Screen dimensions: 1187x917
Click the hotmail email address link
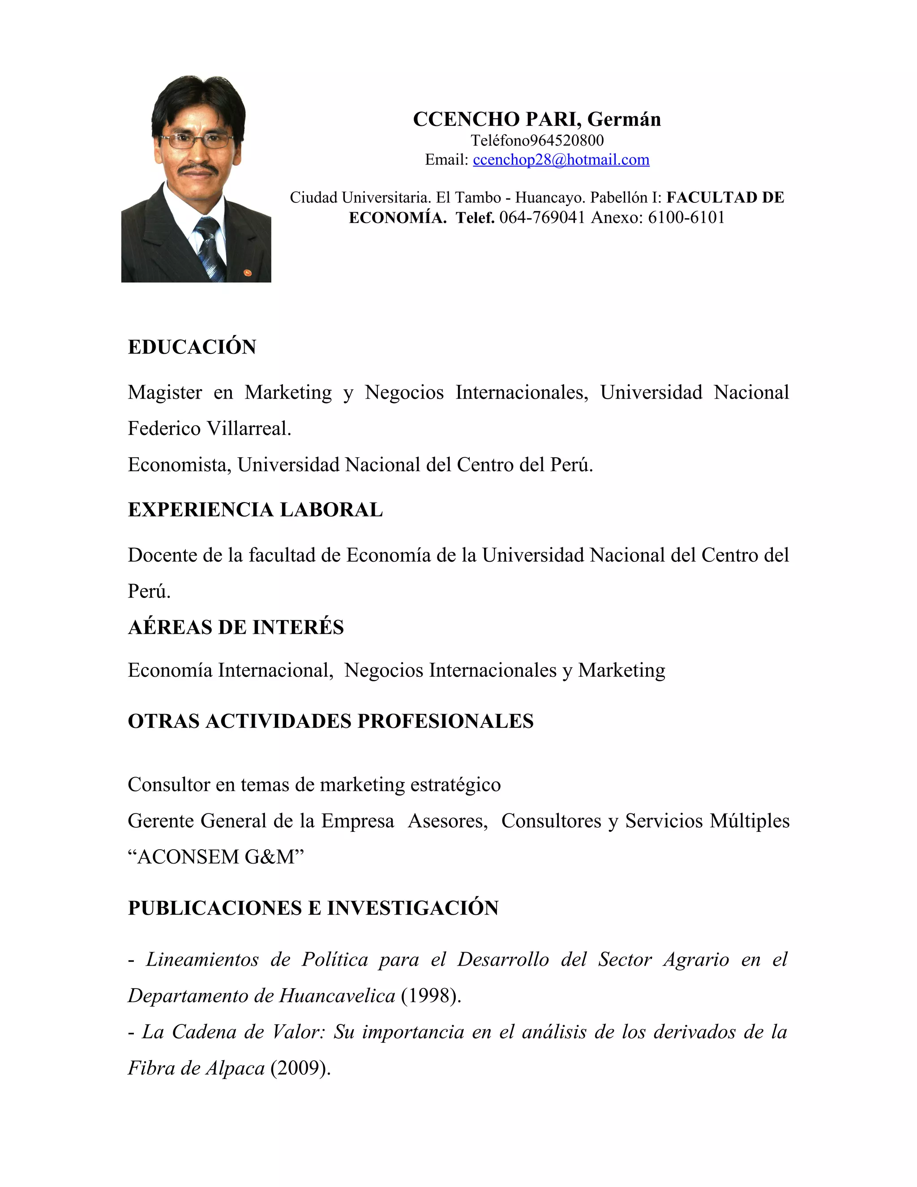561,160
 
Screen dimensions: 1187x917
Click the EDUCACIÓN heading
192,347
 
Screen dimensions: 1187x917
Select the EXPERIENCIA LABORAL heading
255,510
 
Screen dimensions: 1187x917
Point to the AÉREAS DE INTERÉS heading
236,627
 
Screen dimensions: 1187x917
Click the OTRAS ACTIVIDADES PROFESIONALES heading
330,721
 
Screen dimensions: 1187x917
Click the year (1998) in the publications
431,996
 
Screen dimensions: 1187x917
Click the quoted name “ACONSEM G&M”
216,857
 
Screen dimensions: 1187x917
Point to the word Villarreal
249,429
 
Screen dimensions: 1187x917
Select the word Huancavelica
337,996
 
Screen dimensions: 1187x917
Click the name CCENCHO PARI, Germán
537,119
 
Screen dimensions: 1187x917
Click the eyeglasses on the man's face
196,141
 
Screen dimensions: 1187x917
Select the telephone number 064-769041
542,217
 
